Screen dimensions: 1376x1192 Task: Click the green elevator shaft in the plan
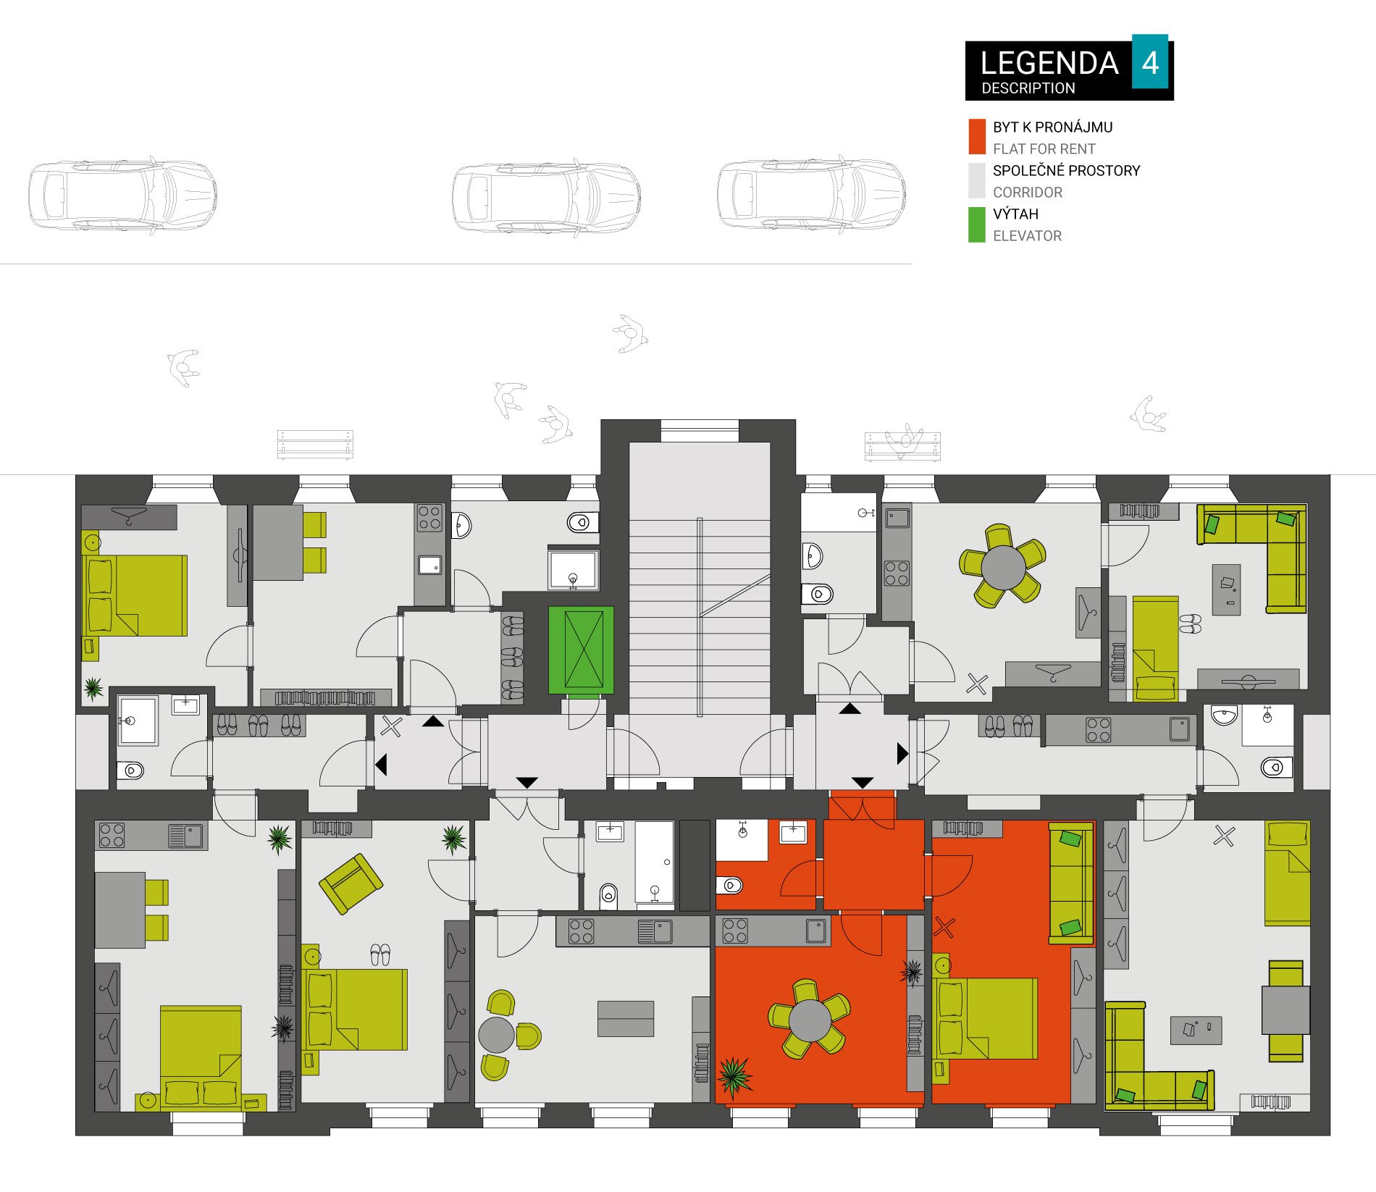click(x=581, y=650)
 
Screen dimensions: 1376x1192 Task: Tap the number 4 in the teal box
click(x=1150, y=63)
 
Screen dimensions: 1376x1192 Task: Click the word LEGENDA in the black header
click(x=1049, y=64)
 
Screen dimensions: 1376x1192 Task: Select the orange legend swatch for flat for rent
click(x=977, y=137)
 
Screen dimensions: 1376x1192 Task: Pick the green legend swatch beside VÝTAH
click(x=977, y=224)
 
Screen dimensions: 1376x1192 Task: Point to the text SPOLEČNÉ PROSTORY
click(x=1066, y=171)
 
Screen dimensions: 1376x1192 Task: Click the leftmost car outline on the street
click(x=123, y=196)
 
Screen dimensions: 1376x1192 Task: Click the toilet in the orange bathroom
click(x=730, y=884)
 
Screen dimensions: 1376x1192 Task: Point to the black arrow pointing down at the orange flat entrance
click(x=862, y=783)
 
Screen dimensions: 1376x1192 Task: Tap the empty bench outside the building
click(x=315, y=445)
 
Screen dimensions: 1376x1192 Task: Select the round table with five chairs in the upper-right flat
click(x=1003, y=566)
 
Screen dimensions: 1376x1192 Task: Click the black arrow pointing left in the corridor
click(x=381, y=764)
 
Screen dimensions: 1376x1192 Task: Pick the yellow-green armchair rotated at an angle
click(x=351, y=883)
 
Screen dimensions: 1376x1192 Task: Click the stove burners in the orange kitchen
click(x=735, y=931)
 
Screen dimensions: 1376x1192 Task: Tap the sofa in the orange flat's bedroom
click(x=1071, y=883)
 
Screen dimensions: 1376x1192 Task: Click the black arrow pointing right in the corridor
click(x=902, y=754)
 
